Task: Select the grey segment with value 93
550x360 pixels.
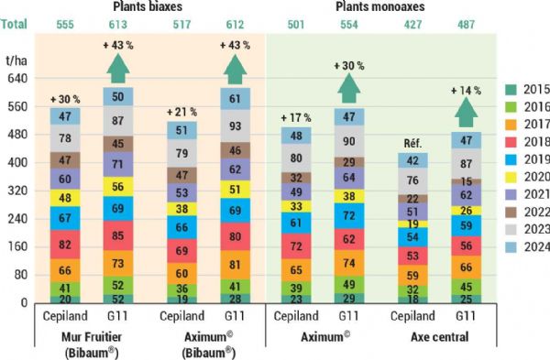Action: (x=236, y=125)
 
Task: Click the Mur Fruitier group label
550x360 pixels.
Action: (x=91, y=337)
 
